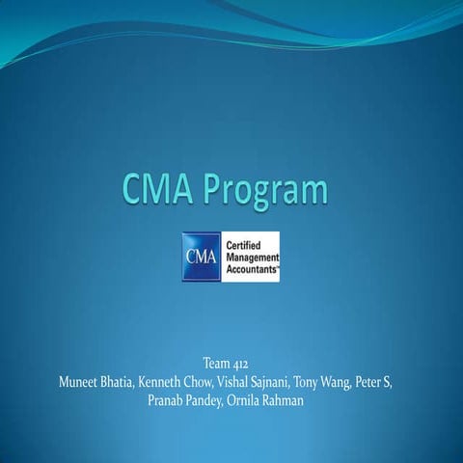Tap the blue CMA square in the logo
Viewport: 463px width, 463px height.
[x=200, y=257]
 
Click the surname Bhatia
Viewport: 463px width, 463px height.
[x=132, y=382]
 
